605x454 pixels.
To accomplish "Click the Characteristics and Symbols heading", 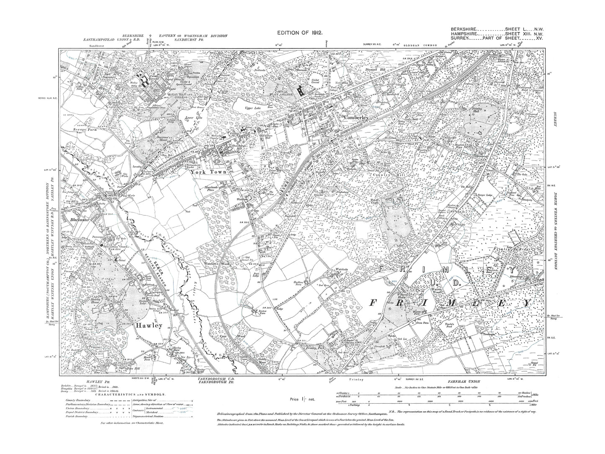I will [x=132, y=394].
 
